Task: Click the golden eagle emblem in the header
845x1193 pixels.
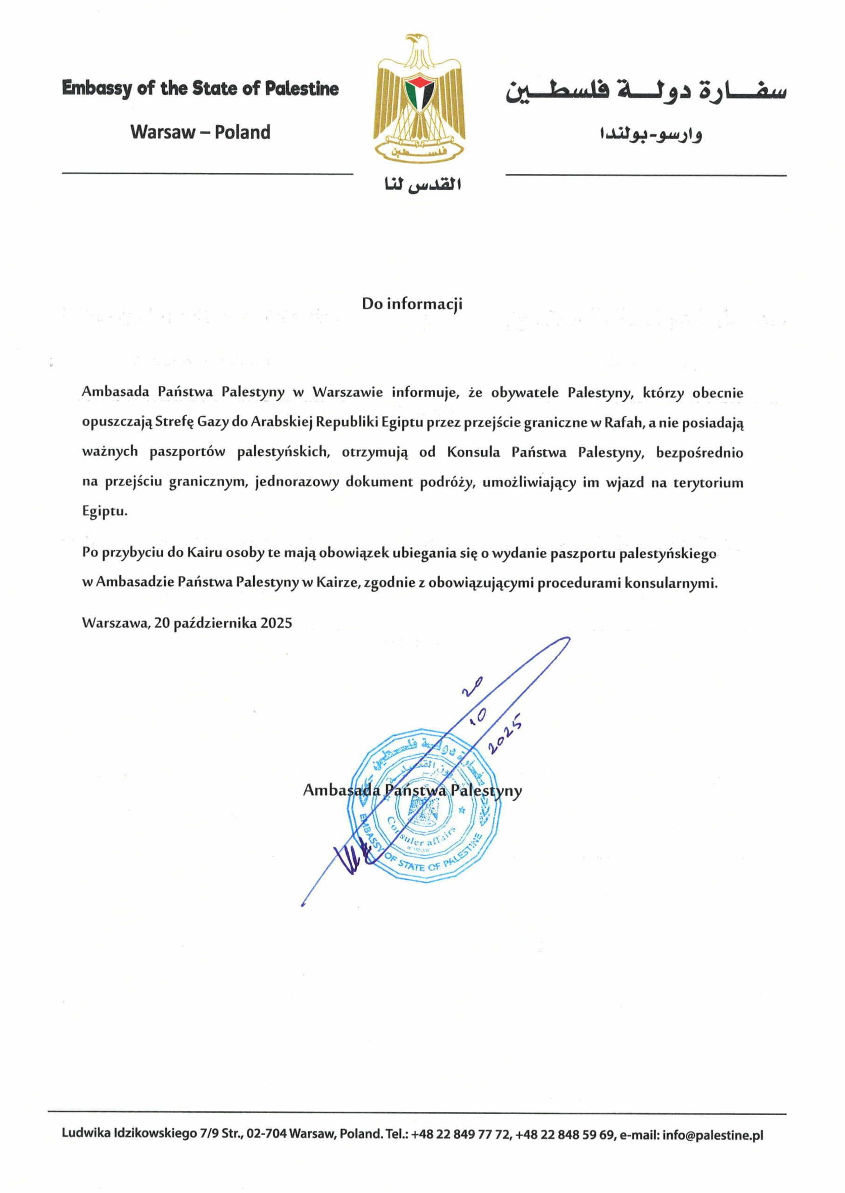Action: pos(419,96)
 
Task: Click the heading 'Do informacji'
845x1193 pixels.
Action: pos(412,304)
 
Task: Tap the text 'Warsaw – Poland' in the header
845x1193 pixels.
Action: pos(201,132)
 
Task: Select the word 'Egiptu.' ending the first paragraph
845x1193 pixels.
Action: pos(104,512)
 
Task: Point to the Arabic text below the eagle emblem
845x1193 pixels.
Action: pos(422,185)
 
